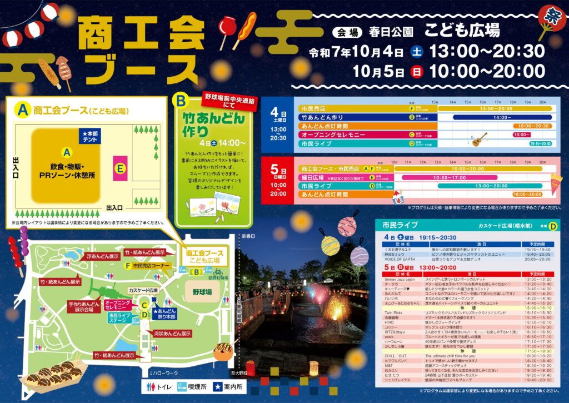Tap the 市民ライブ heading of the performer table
click(396, 225)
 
